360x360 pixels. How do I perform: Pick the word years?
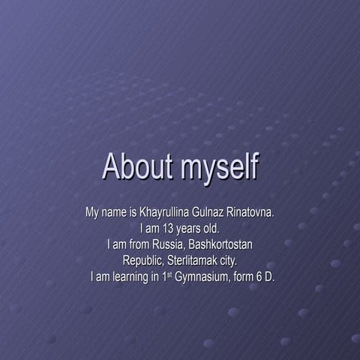pos(187,229)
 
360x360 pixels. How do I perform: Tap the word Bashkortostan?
pos(221,244)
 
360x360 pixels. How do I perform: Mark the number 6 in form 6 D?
pos(260,277)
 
